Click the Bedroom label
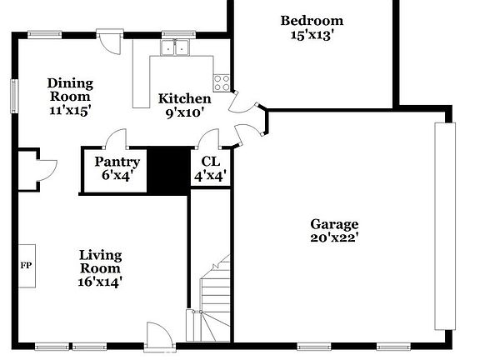(x=311, y=21)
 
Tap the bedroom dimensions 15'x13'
(x=311, y=35)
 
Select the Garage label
(x=334, y=223)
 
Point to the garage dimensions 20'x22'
(x=334, y=237)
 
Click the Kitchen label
(x=184, y=98)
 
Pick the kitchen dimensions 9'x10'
(x=184, y=112)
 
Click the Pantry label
(x=117, y=162)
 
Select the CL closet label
(x=211, y=162)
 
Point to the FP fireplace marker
(x=25, y=266)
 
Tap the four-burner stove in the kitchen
(x=222, y=82)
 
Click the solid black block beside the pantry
(x=169, y=169)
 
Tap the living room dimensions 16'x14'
(x=100, y=268)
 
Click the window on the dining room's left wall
(x=14, y=94)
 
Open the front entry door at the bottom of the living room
(x=156, y=335)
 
